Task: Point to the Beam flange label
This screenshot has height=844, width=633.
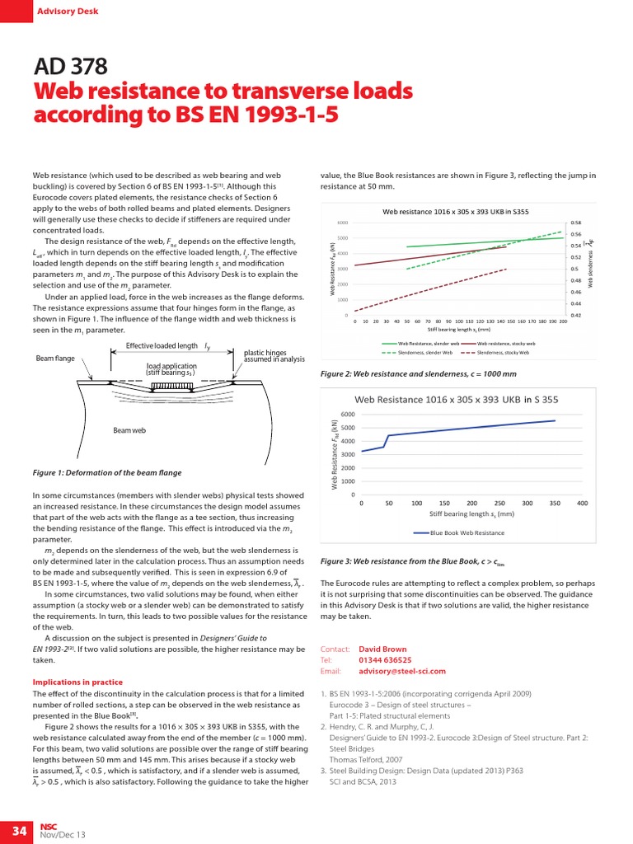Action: click(56, 359)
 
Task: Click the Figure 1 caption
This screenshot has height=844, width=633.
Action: click(107, 473)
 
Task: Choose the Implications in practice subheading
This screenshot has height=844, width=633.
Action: click(77, 682)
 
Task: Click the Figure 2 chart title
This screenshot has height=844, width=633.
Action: click(456, 212)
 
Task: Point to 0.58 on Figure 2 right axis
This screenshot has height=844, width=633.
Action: click(575, 223)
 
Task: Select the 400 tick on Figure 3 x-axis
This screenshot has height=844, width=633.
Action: click(582, 502)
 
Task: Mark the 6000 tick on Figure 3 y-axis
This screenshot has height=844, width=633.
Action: click(348, 415)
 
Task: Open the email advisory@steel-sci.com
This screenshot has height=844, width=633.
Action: click(402, 672)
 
